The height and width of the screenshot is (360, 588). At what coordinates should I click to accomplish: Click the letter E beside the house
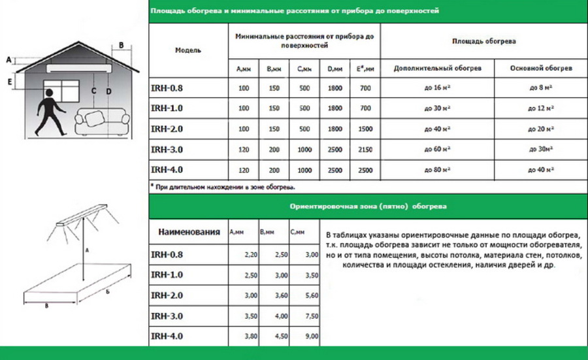pyautogui.click(x=10, y=82)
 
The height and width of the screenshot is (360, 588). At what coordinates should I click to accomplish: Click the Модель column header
pyautogui.click(x=188, y=50)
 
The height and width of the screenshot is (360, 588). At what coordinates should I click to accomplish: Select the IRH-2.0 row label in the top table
pyautogui.click(x=167, y=129)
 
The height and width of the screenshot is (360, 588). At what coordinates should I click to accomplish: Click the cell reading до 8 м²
pyautogui.click(x=541, y=88)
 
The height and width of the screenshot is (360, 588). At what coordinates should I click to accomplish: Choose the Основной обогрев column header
pyautogui.click(x=540, y=68)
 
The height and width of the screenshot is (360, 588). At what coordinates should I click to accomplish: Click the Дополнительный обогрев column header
pyautogui.click(x=437, y=68)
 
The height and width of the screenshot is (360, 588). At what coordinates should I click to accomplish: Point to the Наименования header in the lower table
pyautogui.click(x=189, y=232)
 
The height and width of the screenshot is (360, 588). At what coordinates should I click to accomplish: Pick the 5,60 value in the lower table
pyautogui.click(x=311, y=295)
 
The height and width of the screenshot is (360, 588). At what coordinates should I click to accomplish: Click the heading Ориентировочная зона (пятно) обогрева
pyautogui.click(x=368, y=206)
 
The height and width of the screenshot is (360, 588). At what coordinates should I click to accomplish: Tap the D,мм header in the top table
pyautogui.click(x=335, y=68)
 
